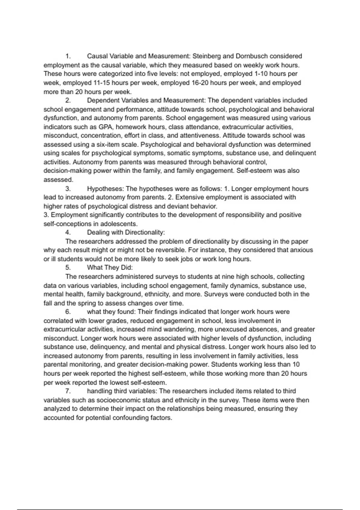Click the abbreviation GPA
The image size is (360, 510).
(x=105, y=127)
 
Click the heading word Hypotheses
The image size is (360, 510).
(x=105, y=189)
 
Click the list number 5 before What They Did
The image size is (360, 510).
(x=68, y=268)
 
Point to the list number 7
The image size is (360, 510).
(x=68, y=391)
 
